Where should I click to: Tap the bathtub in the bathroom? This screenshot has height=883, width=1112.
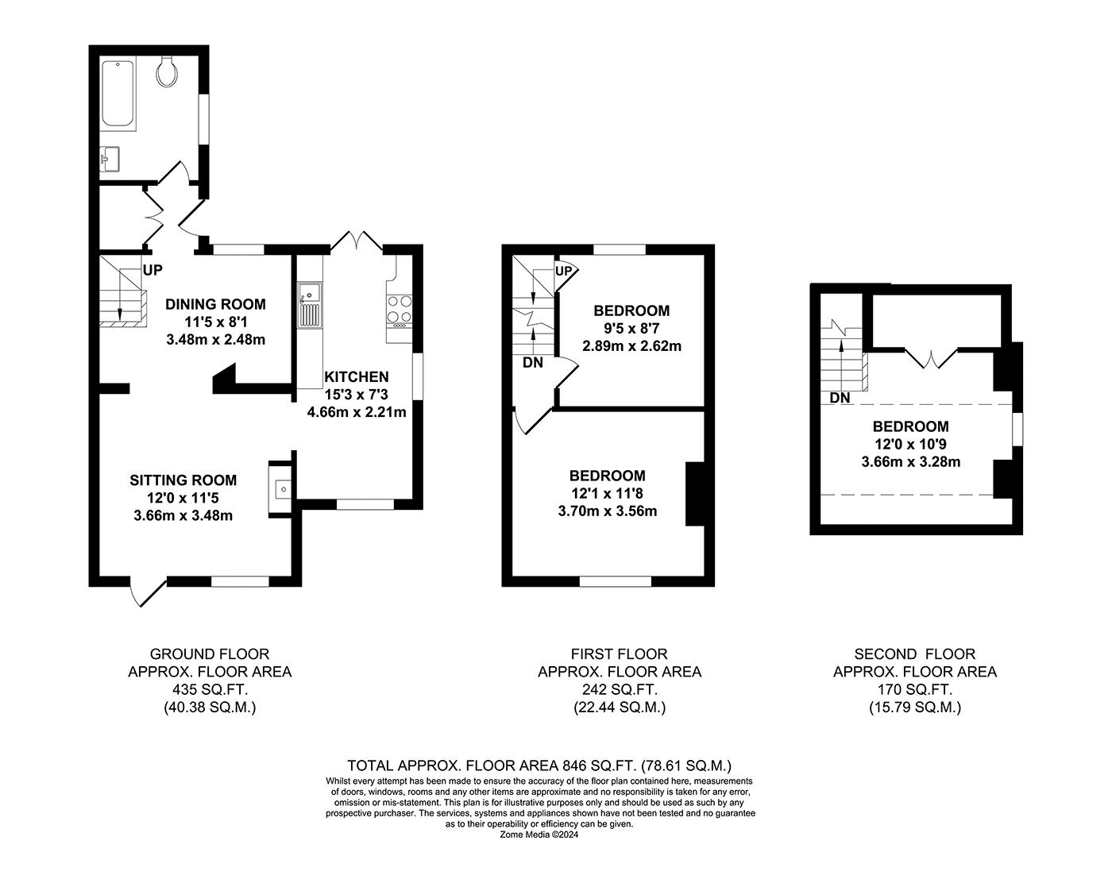[x=118, y=93]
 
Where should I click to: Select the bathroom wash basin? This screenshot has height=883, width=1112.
[x=109, y=159]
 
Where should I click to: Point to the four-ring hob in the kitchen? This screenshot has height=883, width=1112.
[x=400, y=311]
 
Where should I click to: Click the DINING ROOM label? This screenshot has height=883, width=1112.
[x=215, y=304]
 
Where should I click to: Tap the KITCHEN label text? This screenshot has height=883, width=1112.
[x=357, y=377]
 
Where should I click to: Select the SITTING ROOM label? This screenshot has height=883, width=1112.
[x=183, y=480]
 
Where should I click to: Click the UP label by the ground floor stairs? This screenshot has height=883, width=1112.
[x=153, y=270]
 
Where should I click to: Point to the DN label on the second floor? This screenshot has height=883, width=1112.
[x=840, y=398]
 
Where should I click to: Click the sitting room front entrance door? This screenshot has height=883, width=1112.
[x=149, y=592]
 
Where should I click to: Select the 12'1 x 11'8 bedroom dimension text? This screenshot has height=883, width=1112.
[x=607, y=493]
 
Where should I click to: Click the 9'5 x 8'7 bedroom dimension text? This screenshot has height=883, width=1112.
[x=631, y=328]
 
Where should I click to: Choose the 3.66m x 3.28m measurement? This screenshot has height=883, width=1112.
[x=910, y=462]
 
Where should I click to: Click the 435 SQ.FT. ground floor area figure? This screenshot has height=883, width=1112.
[x=210, y=690]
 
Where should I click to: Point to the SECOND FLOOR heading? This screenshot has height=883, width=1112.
[x=914, y=654]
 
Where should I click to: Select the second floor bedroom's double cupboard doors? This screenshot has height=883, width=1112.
[x=931, y=360]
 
